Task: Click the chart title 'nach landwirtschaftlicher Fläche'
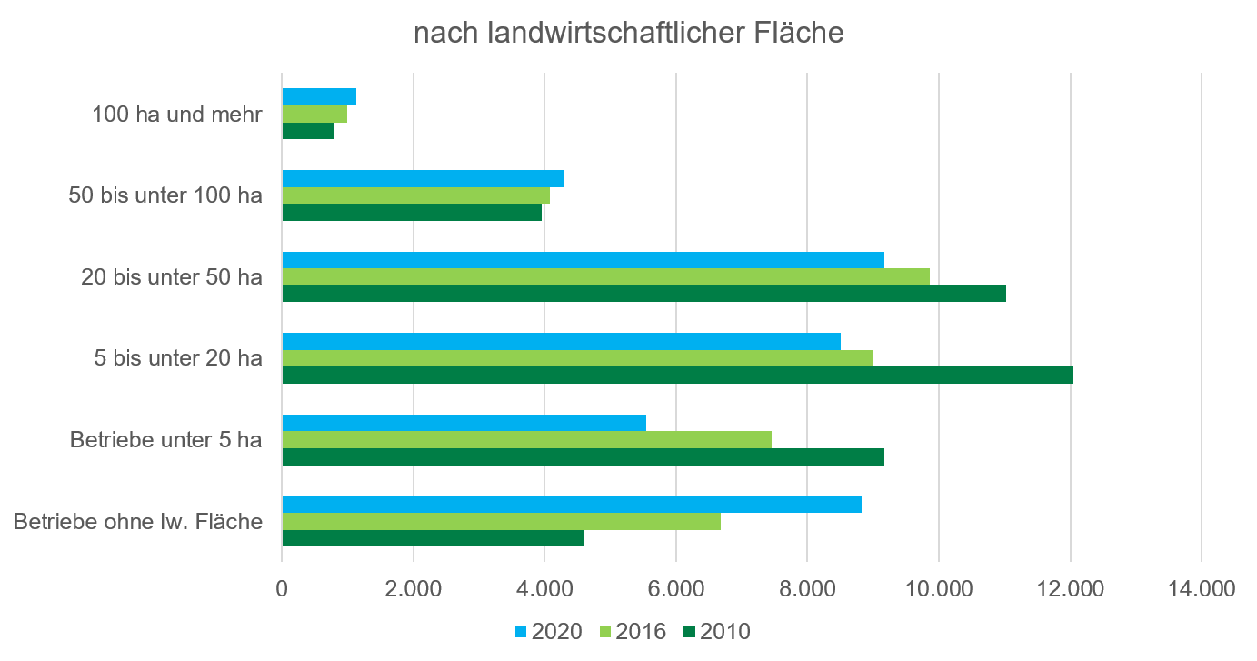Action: pyautogui.click(x=629, y=33)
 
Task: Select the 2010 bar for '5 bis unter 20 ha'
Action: pyautogui.click(x=677, y=376)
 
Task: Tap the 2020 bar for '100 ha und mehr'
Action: pyautogui.click(x=319, y=97)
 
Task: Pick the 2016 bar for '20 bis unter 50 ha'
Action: pyautogui.click(x=605, y=276)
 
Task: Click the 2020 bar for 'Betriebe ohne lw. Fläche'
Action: pyautogui.click(x=572, y=505)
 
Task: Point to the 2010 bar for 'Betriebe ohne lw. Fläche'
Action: pyautogui.click(x=433, y=539)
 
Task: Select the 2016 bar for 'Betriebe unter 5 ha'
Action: pyautogui.click(x=526, y=440)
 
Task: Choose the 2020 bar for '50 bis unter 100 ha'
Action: pyautogui.click(x=423, y=178)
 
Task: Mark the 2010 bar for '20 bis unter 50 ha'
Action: pyautogui.click(x=643, y=294)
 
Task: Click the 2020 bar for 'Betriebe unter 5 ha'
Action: pyautogui.click(x=464, y=423)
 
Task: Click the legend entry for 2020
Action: pyautogui.click(x=548, y=631)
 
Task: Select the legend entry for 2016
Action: pyautogui.click(x=633, y=631)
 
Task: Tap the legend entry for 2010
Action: pyautogui.click(x=717, y=631)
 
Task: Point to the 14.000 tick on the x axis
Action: pyautogui.click(x=1202, y=588)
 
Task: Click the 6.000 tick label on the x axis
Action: pyautogui.click(x=676, y=588)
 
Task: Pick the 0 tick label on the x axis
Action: pyautogui.click(x=282, y=588)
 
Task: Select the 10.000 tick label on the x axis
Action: pyautogui.click(x=939, y=588)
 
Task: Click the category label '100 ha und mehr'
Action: pyautogui.click(x=177, y=115)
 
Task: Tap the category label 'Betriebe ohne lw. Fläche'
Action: pyautogui.click(x=138, y=522)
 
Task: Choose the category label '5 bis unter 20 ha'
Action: pyautogui.click(x=178, y=358)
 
